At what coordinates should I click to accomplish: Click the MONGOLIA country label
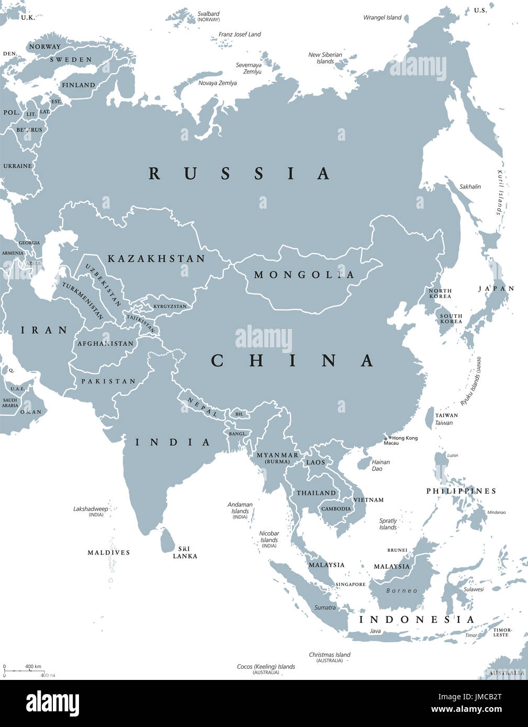304,275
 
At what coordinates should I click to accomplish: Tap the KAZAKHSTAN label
156,259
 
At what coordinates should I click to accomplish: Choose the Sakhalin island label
470,187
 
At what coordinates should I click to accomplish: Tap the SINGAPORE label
351,584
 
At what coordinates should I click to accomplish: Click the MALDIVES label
109,552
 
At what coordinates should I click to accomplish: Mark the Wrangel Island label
383,18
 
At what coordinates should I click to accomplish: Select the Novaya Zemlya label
218,83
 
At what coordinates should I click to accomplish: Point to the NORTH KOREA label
440,293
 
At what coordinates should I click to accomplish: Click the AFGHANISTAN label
105,344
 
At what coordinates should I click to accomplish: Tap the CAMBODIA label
336,509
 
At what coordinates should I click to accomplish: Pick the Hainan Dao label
380,465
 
